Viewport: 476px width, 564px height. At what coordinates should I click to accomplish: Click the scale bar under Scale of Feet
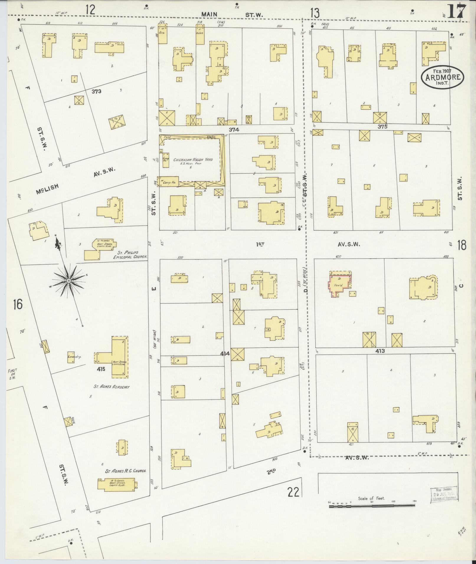click(372, 506)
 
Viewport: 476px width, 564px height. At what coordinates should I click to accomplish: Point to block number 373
click(96, 91)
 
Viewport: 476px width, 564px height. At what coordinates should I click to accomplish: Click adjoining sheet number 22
click(293, 492)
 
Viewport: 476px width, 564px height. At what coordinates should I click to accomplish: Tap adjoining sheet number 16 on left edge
click(17, 304)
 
